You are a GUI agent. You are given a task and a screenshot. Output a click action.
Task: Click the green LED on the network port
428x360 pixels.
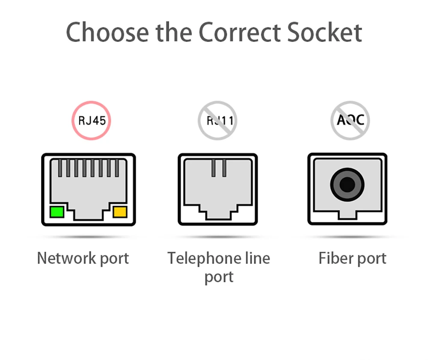click(x=56, y=212)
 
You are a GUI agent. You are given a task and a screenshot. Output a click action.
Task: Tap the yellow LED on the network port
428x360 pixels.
click(x=120, y=212)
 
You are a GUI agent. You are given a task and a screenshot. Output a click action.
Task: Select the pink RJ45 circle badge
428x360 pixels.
click(x=91, y=120)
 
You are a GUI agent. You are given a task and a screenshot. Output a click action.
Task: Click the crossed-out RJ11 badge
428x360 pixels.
click(x=217, y=121)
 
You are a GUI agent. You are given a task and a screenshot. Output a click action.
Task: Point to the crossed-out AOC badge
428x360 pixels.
click(x=350, y=120)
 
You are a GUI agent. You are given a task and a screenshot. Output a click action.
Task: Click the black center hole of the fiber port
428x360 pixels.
click(x=348, y=186)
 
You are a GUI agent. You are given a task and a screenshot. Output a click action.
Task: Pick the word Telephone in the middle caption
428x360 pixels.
click(x=200, y=258)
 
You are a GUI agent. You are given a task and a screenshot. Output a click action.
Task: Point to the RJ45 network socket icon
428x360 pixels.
click(x=89, y=189)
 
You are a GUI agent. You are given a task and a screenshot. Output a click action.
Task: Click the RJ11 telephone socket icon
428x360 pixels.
click(x=217, y=189)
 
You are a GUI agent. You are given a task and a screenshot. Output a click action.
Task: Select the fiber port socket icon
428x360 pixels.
click(x=348, y=189)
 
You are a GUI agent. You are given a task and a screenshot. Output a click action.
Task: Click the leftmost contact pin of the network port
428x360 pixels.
click(x=60, y=168)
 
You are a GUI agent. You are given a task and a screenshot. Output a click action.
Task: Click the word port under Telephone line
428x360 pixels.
click(x=219, y=277)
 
